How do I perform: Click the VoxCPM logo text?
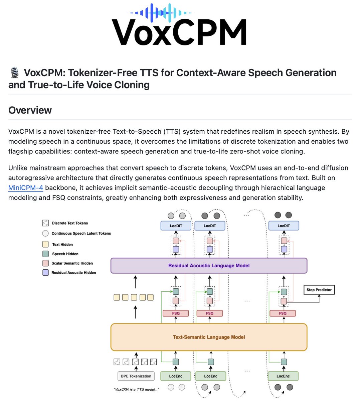tap(179, 32)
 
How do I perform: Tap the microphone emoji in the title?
tap(14, 73)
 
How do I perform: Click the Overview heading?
tap(30, 110)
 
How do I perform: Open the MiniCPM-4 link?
tap(26, 188)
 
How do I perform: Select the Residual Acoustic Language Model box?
tap(209, 266)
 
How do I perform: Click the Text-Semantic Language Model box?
tap(209, 337)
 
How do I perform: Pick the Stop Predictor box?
tap(319, 290)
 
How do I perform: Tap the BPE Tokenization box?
tap(136, 376)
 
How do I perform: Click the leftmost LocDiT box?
tap(176, 226)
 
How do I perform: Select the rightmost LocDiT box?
tap(284, 226)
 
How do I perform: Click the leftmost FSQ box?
tap(176, 313)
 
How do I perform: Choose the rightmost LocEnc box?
tap(283, 376)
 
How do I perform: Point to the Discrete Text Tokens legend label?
tap(70, 223)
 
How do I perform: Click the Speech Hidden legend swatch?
tap(46, 254)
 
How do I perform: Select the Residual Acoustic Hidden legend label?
tap(73, 273)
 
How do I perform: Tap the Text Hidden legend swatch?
tap(46, 244)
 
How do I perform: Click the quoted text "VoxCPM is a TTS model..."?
tap(136, 389)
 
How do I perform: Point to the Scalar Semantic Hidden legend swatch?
tap(46, 263)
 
